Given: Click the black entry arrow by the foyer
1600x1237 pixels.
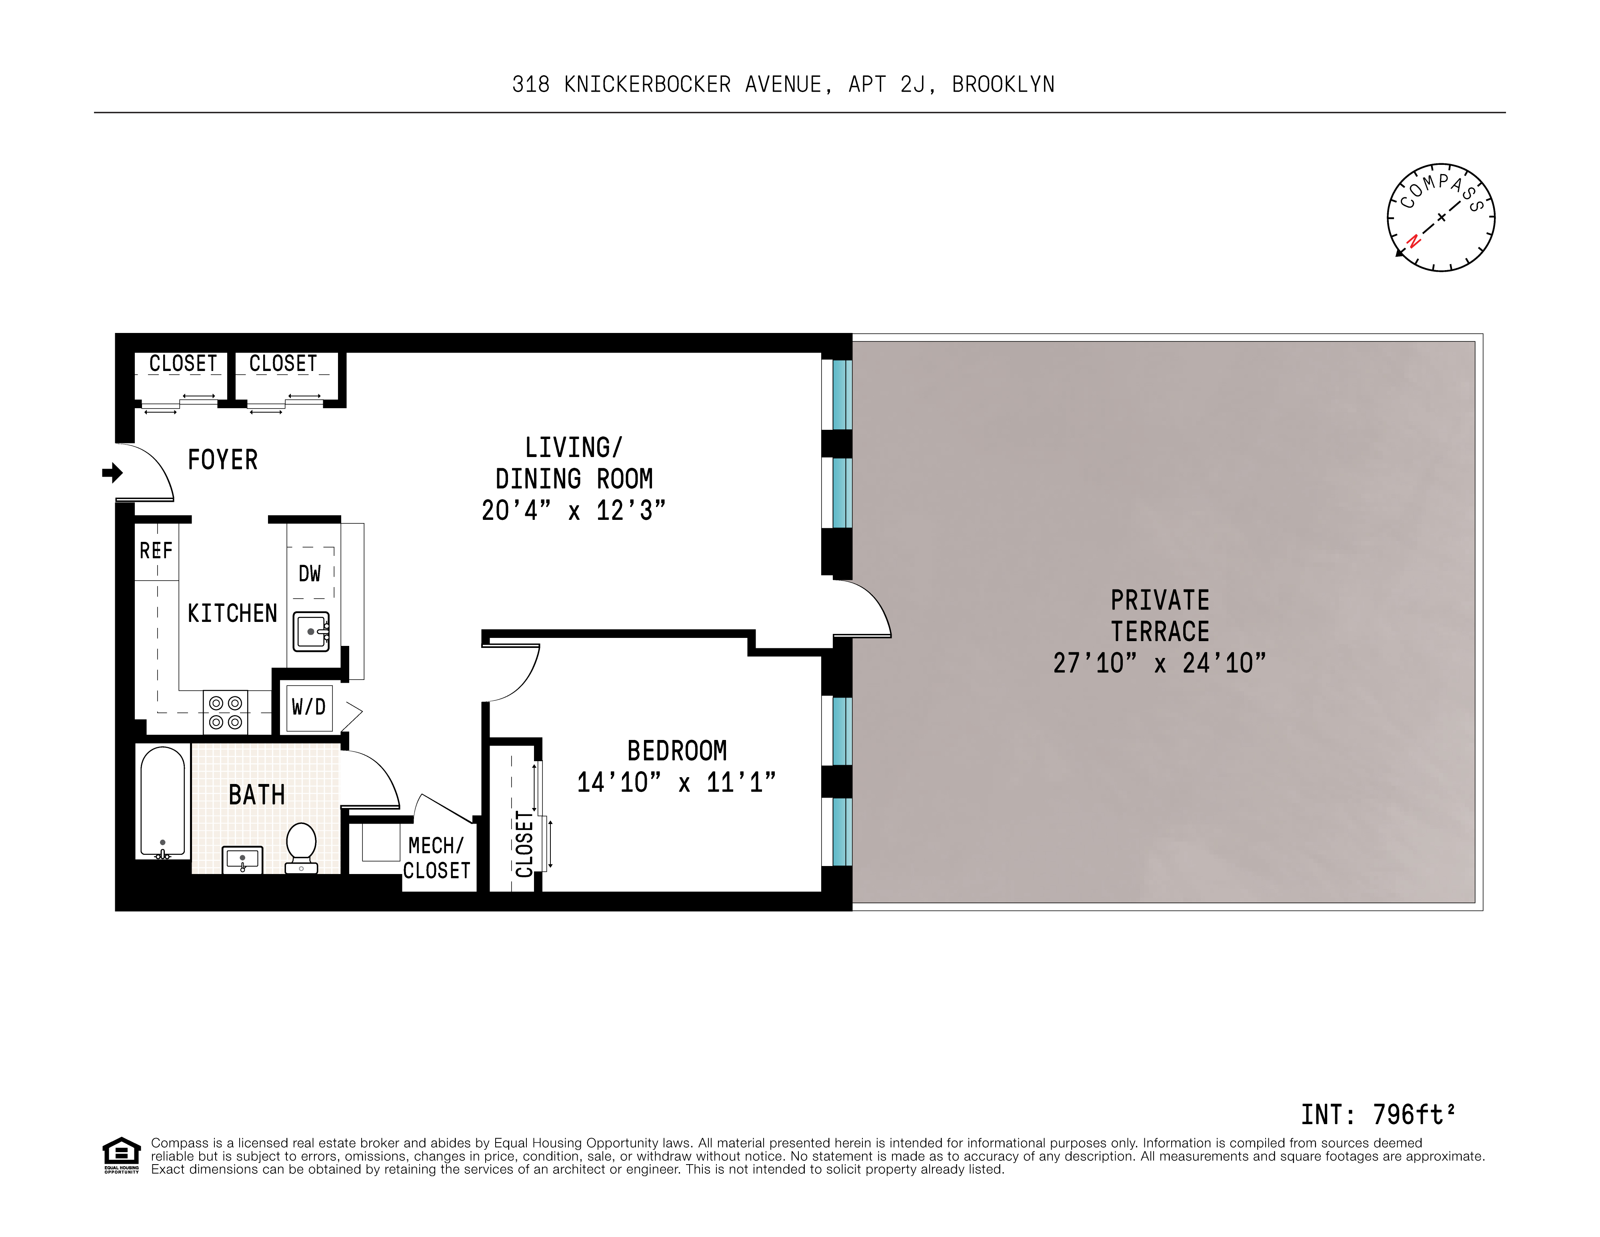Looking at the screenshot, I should click(x=112, y=473).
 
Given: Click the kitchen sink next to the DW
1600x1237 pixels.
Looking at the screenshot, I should click(x=311, y=631).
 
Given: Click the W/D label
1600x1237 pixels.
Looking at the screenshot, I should click(x=308, y=707).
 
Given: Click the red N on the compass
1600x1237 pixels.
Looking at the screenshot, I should click(x=1413, y=241).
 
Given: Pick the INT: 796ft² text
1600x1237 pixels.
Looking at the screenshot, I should click(x=1377, y=1115).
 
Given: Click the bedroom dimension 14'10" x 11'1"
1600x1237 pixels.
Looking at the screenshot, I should click(x=676, y=783).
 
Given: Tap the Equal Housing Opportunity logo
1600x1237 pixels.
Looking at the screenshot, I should click(x=121, y=1155).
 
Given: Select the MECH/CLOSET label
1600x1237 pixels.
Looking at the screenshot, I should click(x=437, y=858).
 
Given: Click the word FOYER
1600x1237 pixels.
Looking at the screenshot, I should click(x=223, y=460).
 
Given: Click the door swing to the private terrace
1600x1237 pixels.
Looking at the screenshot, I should click(x=864, y=608).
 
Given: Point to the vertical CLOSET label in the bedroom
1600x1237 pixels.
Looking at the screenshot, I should click(x=524, y=844).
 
